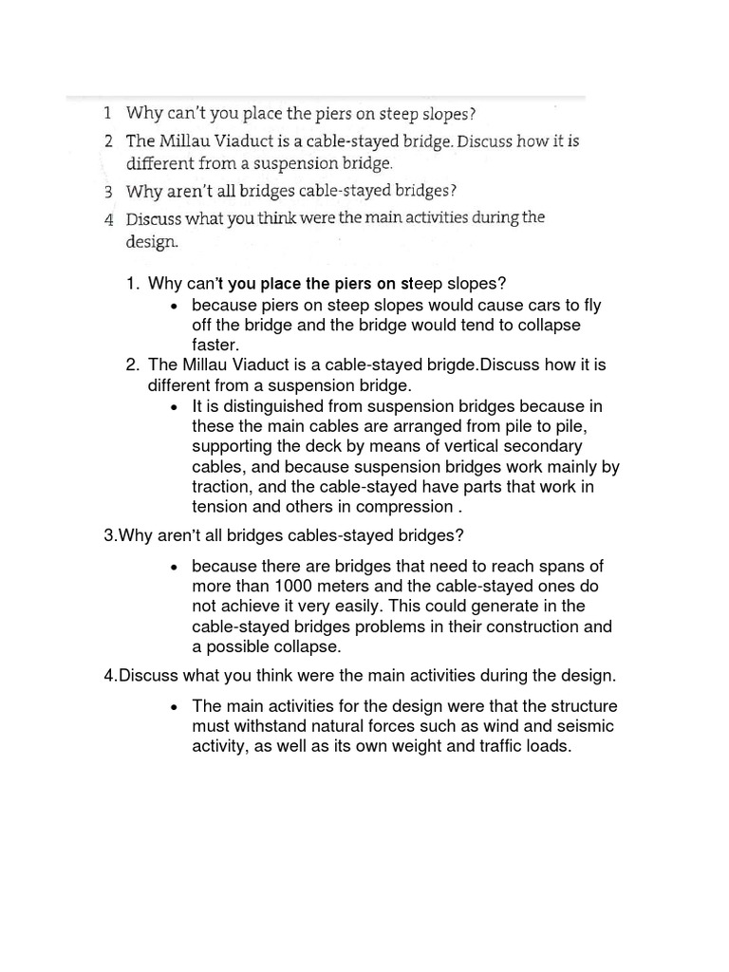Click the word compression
tap(402, 506)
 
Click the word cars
tap(542, 305)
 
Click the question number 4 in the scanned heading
tap(109, 218)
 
